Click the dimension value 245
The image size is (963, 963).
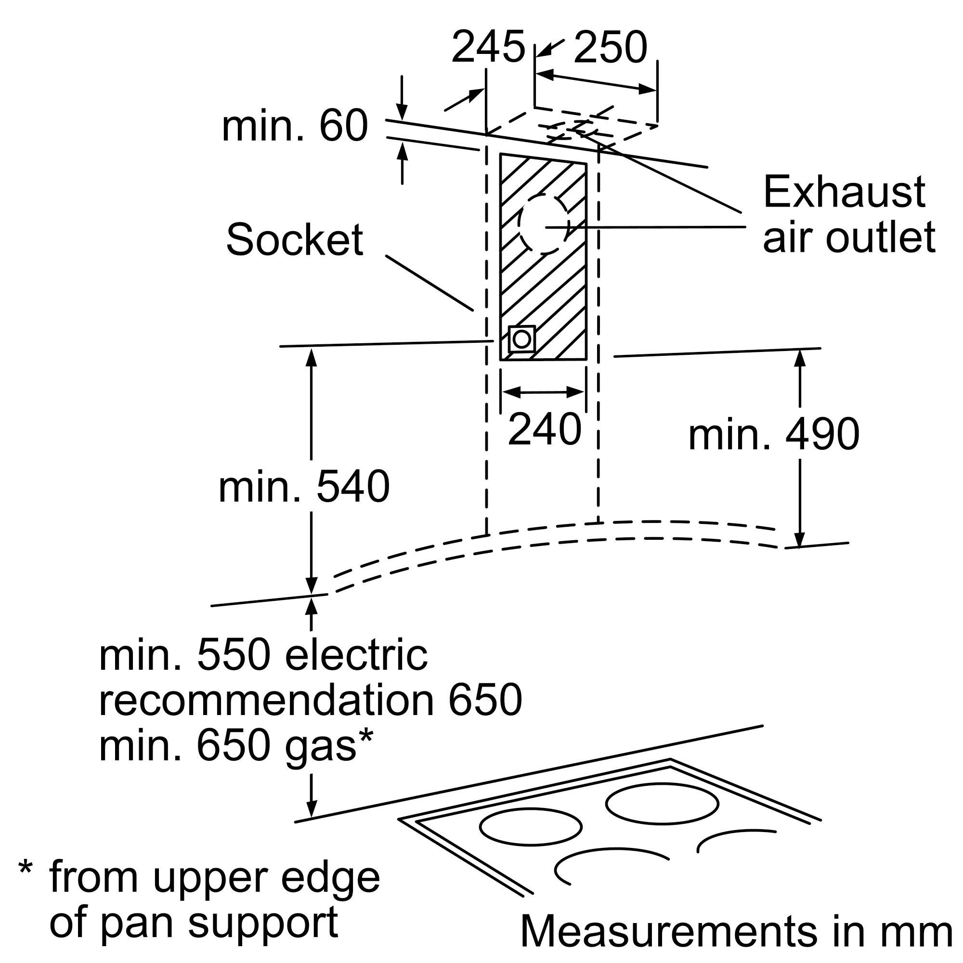point(488,47)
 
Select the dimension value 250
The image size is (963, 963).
point(610,47)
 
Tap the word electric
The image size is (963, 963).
point(356,656)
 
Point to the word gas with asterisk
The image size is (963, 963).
point(329,748)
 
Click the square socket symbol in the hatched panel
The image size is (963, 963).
point(522,339)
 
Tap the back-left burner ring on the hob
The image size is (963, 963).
point(530,827)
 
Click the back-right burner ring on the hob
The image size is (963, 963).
point(662,804)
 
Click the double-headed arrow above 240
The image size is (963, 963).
point(543,392)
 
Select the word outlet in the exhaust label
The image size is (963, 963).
point(880,237)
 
